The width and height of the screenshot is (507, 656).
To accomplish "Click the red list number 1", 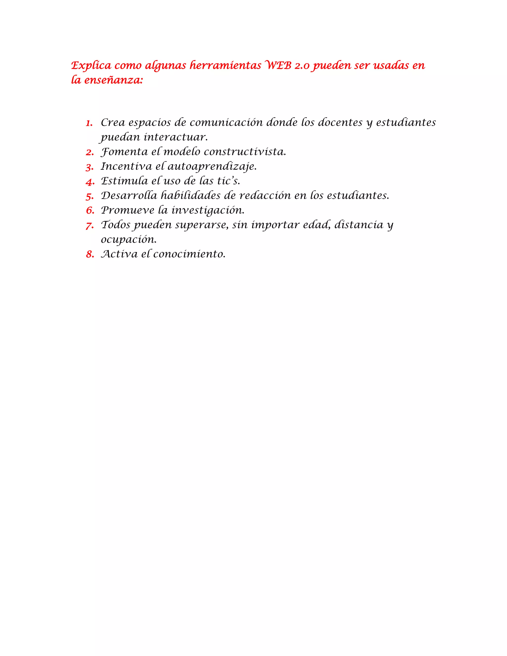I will [89, 123].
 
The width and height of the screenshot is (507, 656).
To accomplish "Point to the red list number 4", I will [90, 182].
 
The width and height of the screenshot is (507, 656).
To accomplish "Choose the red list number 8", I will [90, 255].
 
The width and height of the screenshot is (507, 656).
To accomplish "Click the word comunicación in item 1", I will [226, 123].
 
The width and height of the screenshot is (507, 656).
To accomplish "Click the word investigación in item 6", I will [208, 210].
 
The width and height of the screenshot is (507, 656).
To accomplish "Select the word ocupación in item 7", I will [128, 240].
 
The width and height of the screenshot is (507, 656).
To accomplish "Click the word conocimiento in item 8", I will [189, 254].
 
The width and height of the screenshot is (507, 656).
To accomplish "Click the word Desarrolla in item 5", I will [129, 196].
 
